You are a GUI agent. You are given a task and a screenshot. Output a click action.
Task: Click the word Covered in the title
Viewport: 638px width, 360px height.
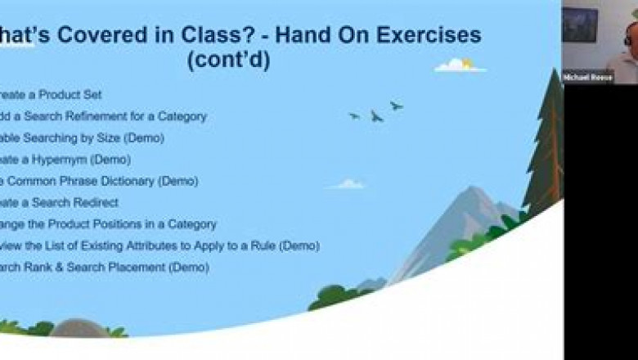click(97, 35)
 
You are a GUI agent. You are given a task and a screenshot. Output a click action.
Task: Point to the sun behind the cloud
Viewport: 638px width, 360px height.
click(467, 62)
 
